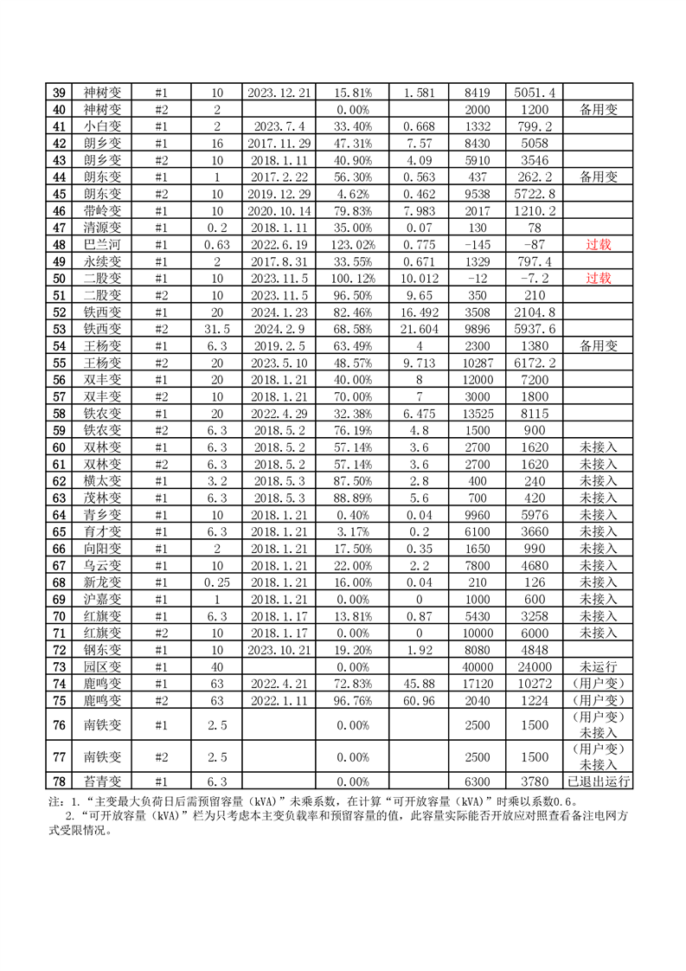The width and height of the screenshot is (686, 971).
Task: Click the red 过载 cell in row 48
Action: click(598, 244)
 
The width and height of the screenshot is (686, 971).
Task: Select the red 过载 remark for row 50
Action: click(598, 278)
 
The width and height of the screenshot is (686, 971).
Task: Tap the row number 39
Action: click(59, 93)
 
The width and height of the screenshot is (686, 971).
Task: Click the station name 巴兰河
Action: click(102, 244)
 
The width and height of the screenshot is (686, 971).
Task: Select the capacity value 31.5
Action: click(217, 329)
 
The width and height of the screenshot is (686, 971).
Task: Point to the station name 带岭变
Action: click(102, 210)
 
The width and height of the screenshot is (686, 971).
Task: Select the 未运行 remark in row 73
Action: click(598, 666)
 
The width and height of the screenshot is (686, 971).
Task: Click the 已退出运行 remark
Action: click(598, 782)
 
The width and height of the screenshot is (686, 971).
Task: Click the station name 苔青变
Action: click(102, 782)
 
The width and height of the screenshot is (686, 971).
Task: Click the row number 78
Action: click(59, 782)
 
